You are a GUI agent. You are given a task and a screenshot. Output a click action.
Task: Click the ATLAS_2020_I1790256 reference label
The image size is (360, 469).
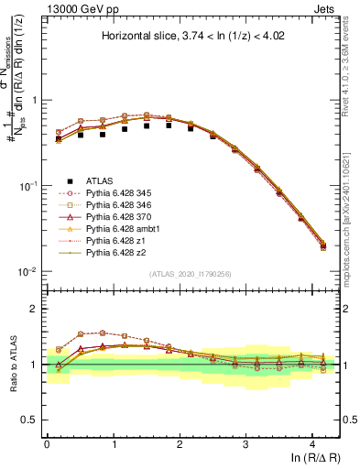click(x=193, y=274)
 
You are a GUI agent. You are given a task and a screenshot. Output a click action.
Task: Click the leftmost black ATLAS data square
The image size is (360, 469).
click(x=59, y=138)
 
